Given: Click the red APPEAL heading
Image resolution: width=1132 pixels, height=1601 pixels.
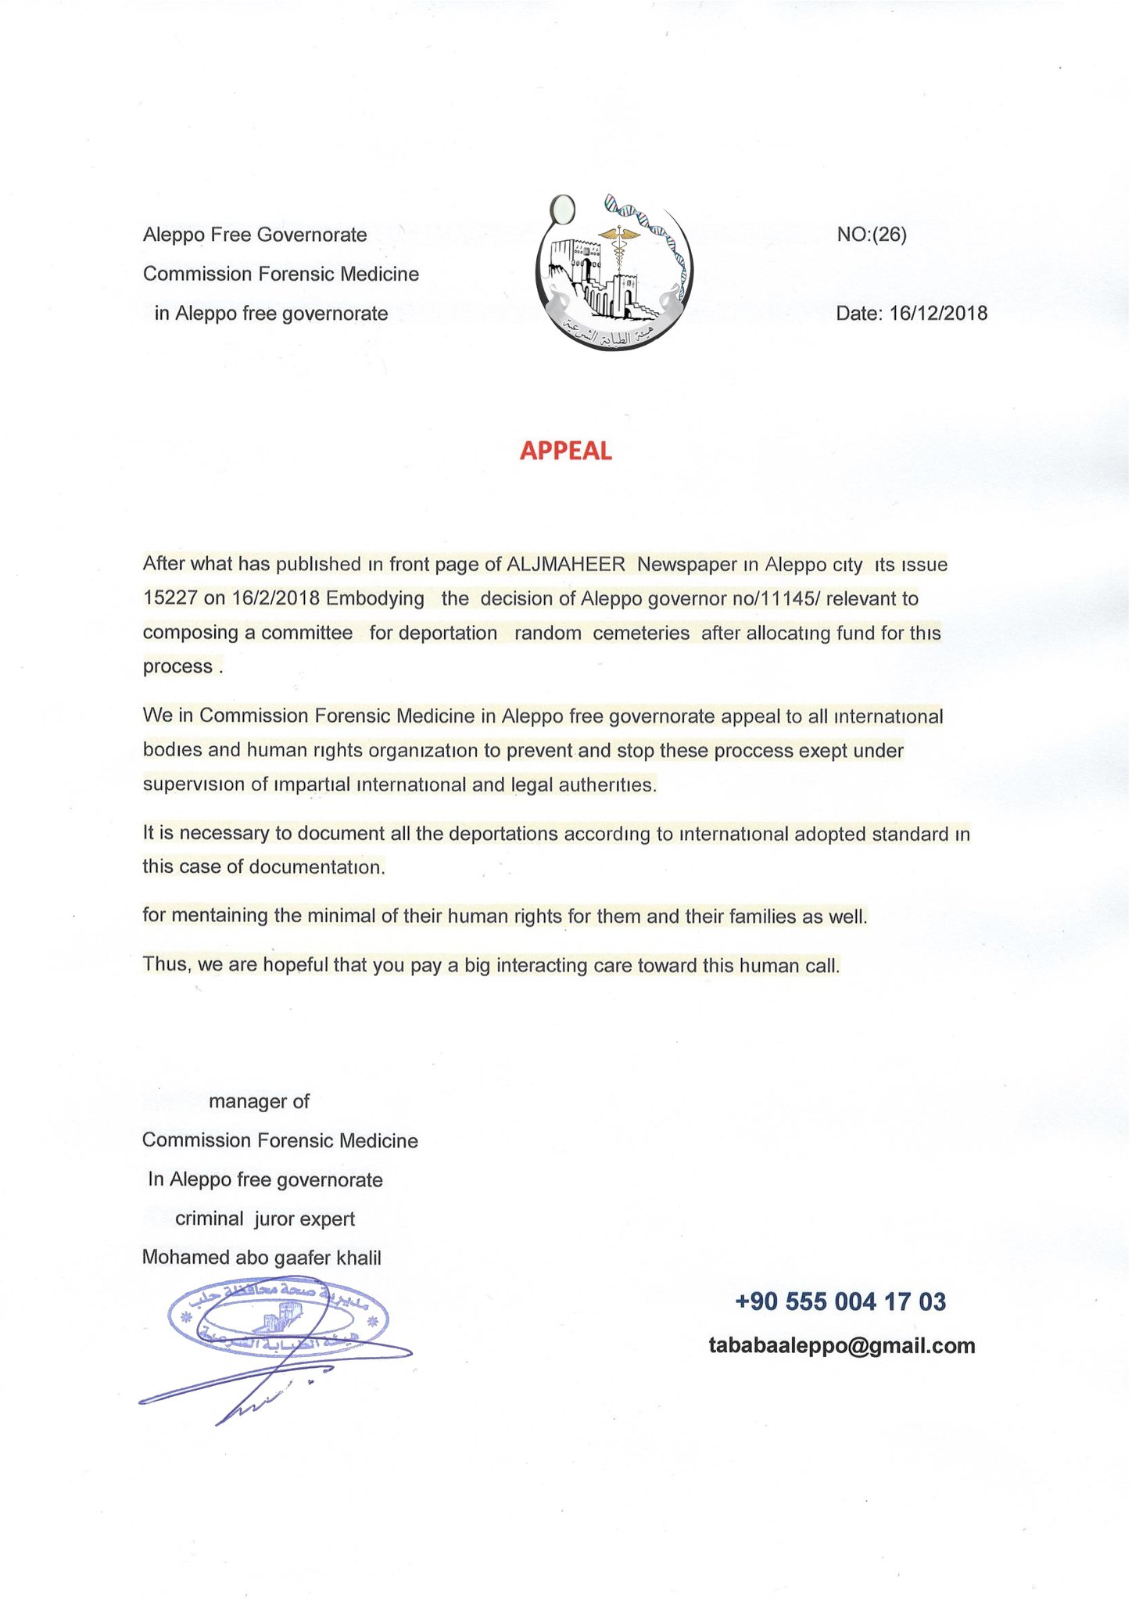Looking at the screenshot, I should (x=565, y=451).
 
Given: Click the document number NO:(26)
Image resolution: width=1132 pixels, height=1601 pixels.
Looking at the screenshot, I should (x=872, y=235).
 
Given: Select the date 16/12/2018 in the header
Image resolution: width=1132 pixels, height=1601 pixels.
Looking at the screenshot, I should (x=938, y=314).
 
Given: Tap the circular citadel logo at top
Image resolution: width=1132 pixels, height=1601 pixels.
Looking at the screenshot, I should (x=614, y=271).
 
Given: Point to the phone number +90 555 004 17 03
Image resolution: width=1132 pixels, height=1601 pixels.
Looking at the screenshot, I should (x=840, y=1301).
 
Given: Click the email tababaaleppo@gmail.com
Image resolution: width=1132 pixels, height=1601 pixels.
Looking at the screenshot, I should (x=841, y=1345).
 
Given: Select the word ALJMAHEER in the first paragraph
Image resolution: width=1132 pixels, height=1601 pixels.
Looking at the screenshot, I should (x=566, y=564).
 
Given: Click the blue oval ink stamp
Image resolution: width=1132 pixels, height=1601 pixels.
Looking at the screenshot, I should (x=278, y=1319).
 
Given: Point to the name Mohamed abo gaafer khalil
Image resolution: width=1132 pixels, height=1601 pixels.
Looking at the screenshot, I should (x=261, y=1258).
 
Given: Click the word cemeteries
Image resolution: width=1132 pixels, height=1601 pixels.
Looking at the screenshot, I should (x=641, y=633).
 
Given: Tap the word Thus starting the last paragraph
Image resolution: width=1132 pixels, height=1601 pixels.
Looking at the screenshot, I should (x=165, y=964).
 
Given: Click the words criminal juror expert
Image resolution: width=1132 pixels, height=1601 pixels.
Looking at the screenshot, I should (x=265, y=1219).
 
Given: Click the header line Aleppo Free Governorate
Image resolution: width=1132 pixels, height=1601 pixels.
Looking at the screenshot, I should (x=255, y=235).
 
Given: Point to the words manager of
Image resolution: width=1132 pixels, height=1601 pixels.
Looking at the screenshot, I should (x=259, y=1101).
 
